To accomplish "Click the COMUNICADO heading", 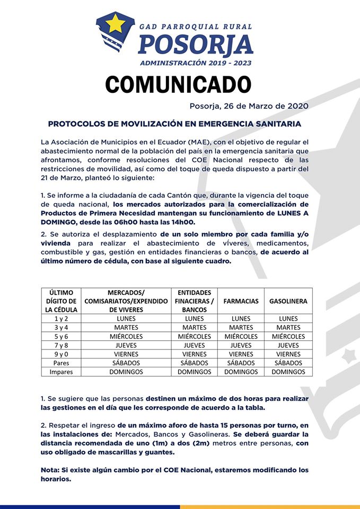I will pos(178,84).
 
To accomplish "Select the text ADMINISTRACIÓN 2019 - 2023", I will pos(196,63).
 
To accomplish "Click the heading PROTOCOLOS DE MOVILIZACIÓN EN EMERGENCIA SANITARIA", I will pos(174,124).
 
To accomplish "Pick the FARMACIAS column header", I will pos(241,301).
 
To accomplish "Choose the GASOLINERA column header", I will pos(288,301).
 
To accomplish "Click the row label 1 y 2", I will pos(62,319).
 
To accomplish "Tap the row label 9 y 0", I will pos(62,354).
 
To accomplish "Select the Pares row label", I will pos(62,363).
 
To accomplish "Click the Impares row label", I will pos(62,372).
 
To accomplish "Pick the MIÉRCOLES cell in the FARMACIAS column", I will pos(241,337).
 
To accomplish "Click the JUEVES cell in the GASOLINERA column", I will pos(288,345).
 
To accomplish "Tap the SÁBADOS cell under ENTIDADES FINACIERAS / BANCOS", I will pos(194,363).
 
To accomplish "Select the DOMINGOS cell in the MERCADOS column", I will pos(127,372).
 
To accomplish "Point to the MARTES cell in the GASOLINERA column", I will pos(288,328).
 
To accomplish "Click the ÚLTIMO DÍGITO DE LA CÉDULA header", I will pos(62,301).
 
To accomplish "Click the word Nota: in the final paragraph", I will pos(51,470).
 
